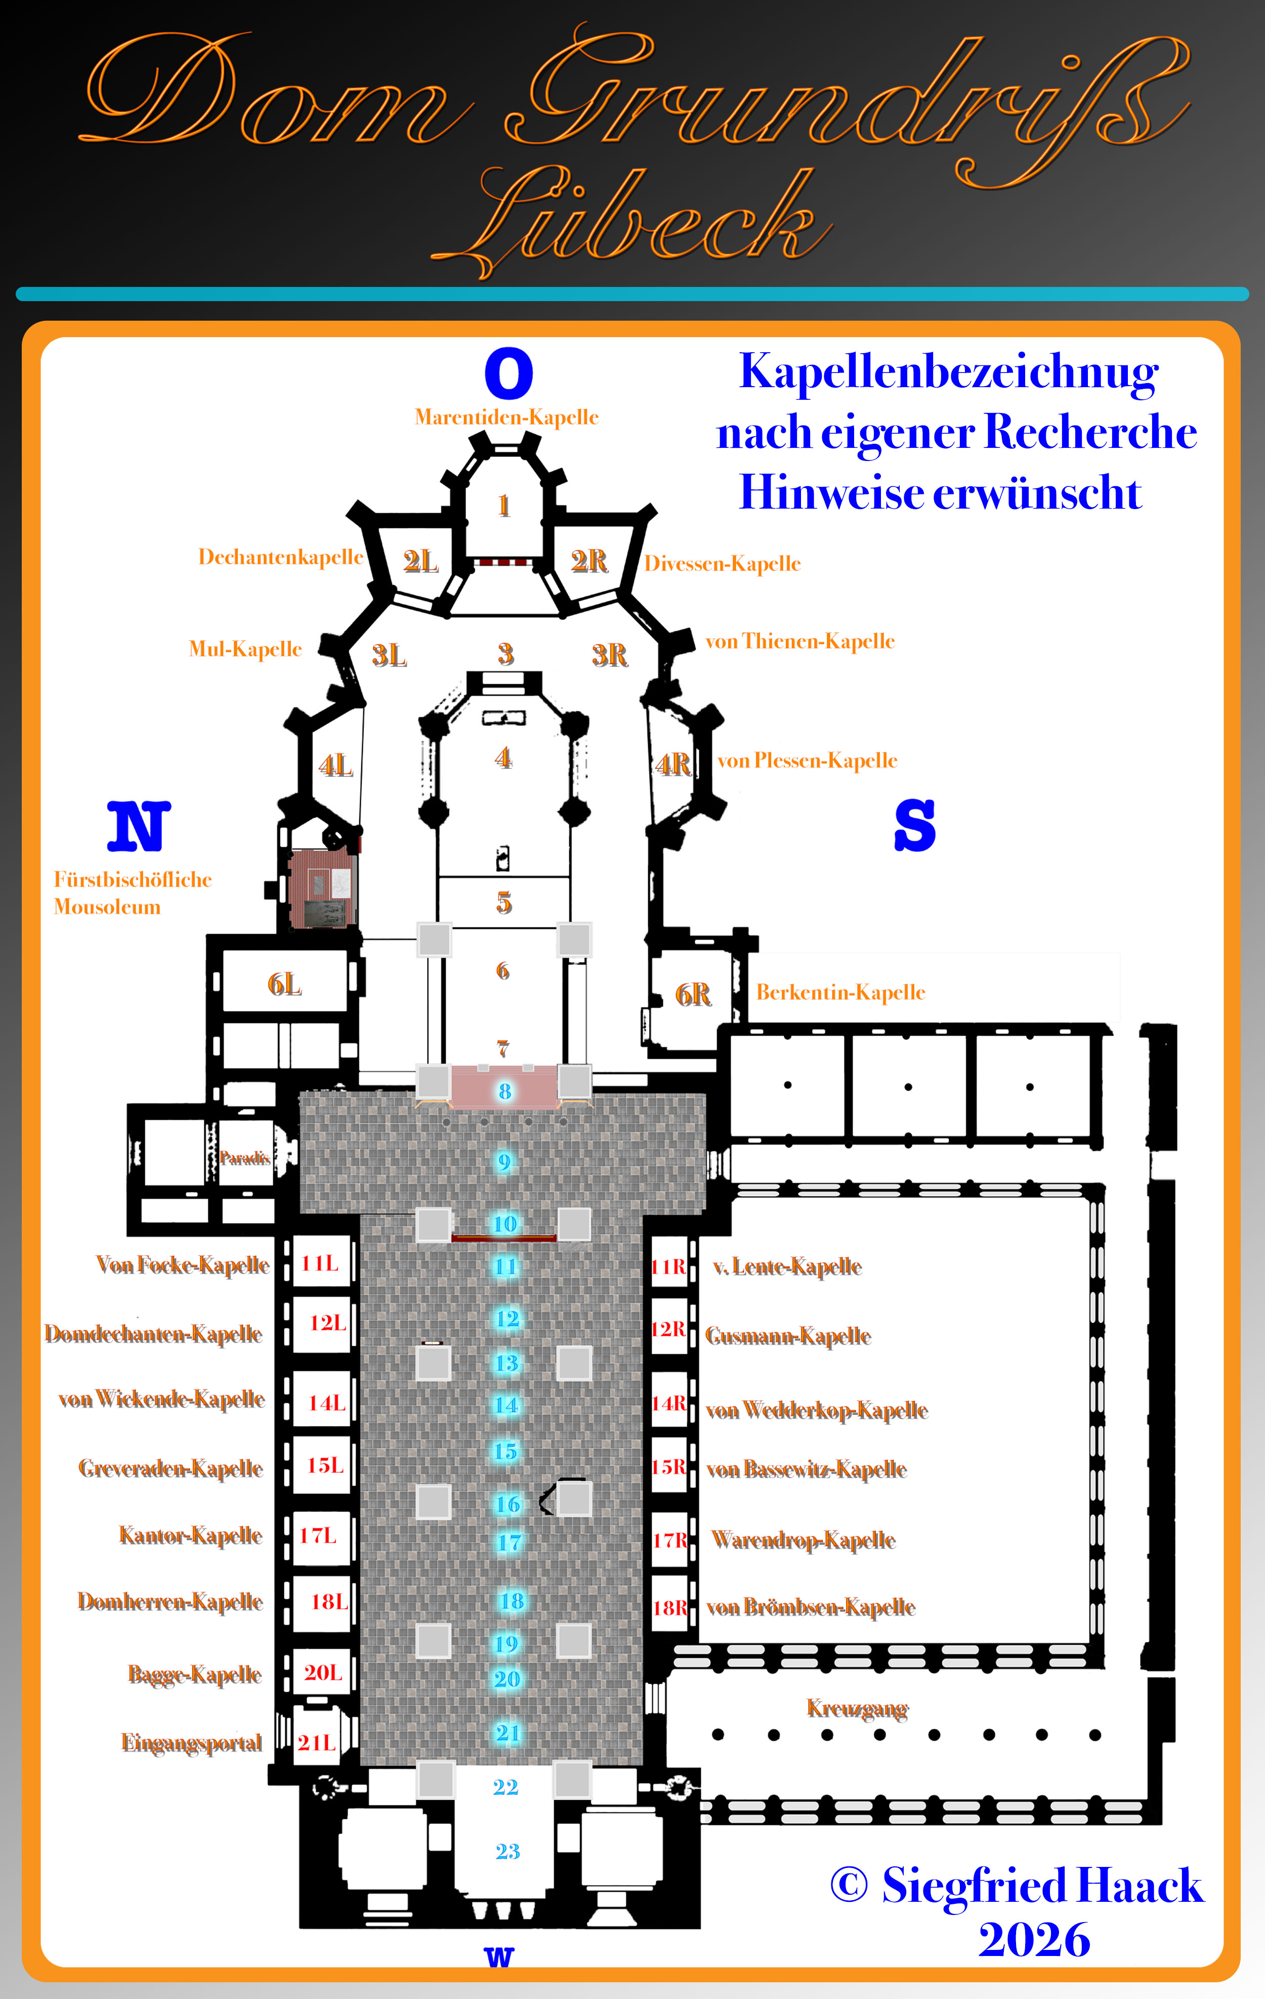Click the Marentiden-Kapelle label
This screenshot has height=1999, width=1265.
pos(507,417)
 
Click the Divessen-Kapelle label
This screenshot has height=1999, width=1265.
pos(722,564)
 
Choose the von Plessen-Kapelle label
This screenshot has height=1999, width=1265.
pos(807,761)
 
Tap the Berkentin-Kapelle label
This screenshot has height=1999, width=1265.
pos(840,992)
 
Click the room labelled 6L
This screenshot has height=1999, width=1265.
pos(284,984)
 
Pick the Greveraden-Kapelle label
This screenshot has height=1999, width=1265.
pos(170,1469)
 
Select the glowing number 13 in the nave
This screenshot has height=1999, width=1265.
pos(507,1363)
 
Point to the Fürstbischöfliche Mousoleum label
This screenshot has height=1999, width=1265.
pos(132,892)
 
